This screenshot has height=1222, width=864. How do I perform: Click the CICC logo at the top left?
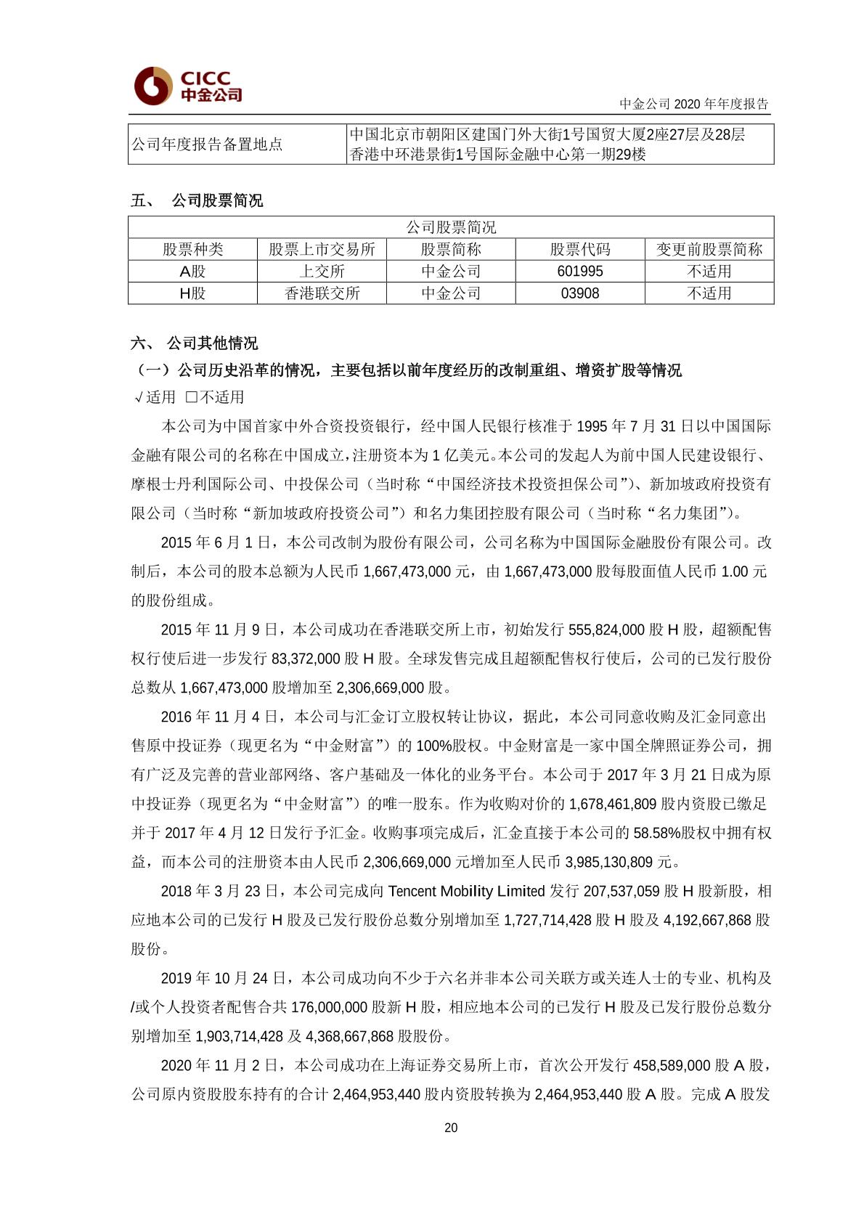click(x=187, y=86)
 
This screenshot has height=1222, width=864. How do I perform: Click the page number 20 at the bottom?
click(x=451, y=1128)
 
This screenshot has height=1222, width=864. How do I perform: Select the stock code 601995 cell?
click(x=580, y=272)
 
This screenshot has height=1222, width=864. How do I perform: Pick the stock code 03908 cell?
click(x=580, y=293)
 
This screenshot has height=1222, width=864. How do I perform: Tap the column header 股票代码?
click(x=580, y=250)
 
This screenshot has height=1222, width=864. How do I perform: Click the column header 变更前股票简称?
click(x=709, y=250)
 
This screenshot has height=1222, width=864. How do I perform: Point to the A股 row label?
click(x=192, y=272)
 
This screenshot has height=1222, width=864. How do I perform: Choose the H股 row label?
click(x=192, y=293)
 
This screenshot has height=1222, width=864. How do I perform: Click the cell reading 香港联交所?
click(x=322, y=293)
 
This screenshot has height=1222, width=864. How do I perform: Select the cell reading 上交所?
click(x=322, y=272)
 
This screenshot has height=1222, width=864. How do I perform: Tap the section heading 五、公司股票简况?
click(x=197, y=201)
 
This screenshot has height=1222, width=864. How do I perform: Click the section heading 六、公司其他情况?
click(x=195, y=343)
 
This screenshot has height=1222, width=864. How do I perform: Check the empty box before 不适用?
click(x=192, y=397)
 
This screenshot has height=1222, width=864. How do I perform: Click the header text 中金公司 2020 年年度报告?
click(x=693, y=104)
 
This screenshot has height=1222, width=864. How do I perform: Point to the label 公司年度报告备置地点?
click(x=207, y=144)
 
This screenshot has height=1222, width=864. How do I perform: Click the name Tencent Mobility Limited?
click(x=466, y=891)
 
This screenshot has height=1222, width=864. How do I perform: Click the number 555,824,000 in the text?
click(x=606, y=630)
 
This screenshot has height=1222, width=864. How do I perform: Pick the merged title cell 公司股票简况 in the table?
click(x=451, y=228)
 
